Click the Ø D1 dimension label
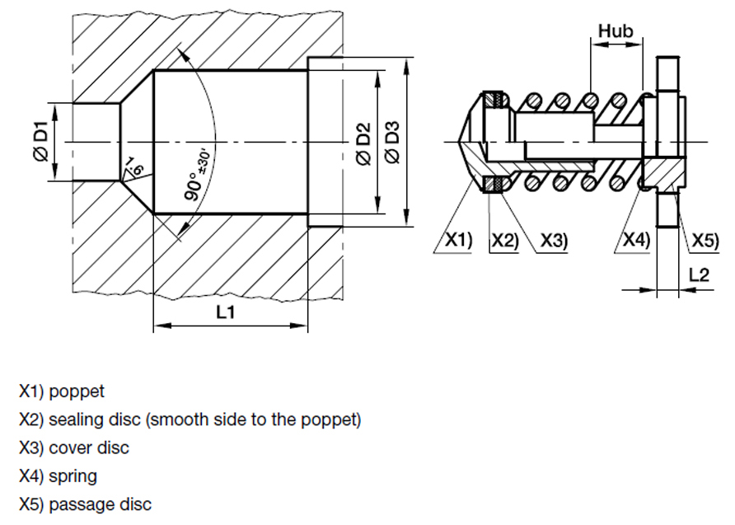(40, 142)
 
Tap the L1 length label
(226, 312)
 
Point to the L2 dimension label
(698, 274)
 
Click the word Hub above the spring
(616, 30)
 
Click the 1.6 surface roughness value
(134, 168)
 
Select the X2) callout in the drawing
(504, 241)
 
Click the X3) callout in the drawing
(555, 241)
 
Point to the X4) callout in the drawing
(634, 241)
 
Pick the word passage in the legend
(79, 504)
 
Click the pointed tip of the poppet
(456, 141)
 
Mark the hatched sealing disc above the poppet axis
(496, 100)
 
